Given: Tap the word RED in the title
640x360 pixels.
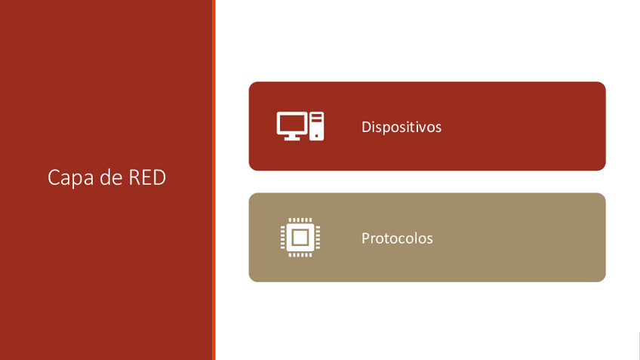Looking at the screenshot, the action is [x=147, y=177].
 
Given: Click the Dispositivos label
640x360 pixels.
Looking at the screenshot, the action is [x=402, y=127].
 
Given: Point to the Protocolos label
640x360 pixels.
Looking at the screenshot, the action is [x=397, y=238].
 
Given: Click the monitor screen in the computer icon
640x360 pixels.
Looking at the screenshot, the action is [x=292, y=123].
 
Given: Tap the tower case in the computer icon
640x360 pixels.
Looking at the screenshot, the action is [x=317, y=126].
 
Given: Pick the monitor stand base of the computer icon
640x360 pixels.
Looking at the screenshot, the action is [x=292, y=138].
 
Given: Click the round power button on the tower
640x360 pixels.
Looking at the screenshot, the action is [x=317, y=136].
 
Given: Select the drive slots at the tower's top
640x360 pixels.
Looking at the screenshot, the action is [x=317, y=118].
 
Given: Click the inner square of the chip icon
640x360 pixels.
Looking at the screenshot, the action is [x=300, y=238].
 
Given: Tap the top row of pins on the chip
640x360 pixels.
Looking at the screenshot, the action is [x=300, y=220].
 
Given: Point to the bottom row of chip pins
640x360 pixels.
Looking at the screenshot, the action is [x=300, y=255].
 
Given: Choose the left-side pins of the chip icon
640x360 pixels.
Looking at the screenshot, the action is [x=283, y=238].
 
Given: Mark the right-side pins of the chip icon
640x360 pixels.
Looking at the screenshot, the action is [x=318, y=238].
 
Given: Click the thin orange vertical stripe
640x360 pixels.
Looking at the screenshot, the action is [x=214, y=180].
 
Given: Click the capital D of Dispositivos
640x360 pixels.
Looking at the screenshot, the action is [x=366, y=127].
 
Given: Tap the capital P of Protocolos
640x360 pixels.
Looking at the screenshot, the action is [x=365, y=238].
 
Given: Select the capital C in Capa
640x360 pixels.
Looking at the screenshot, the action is [x=53, y=177].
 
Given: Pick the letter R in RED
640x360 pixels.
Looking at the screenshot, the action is [x=134, y=177].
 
